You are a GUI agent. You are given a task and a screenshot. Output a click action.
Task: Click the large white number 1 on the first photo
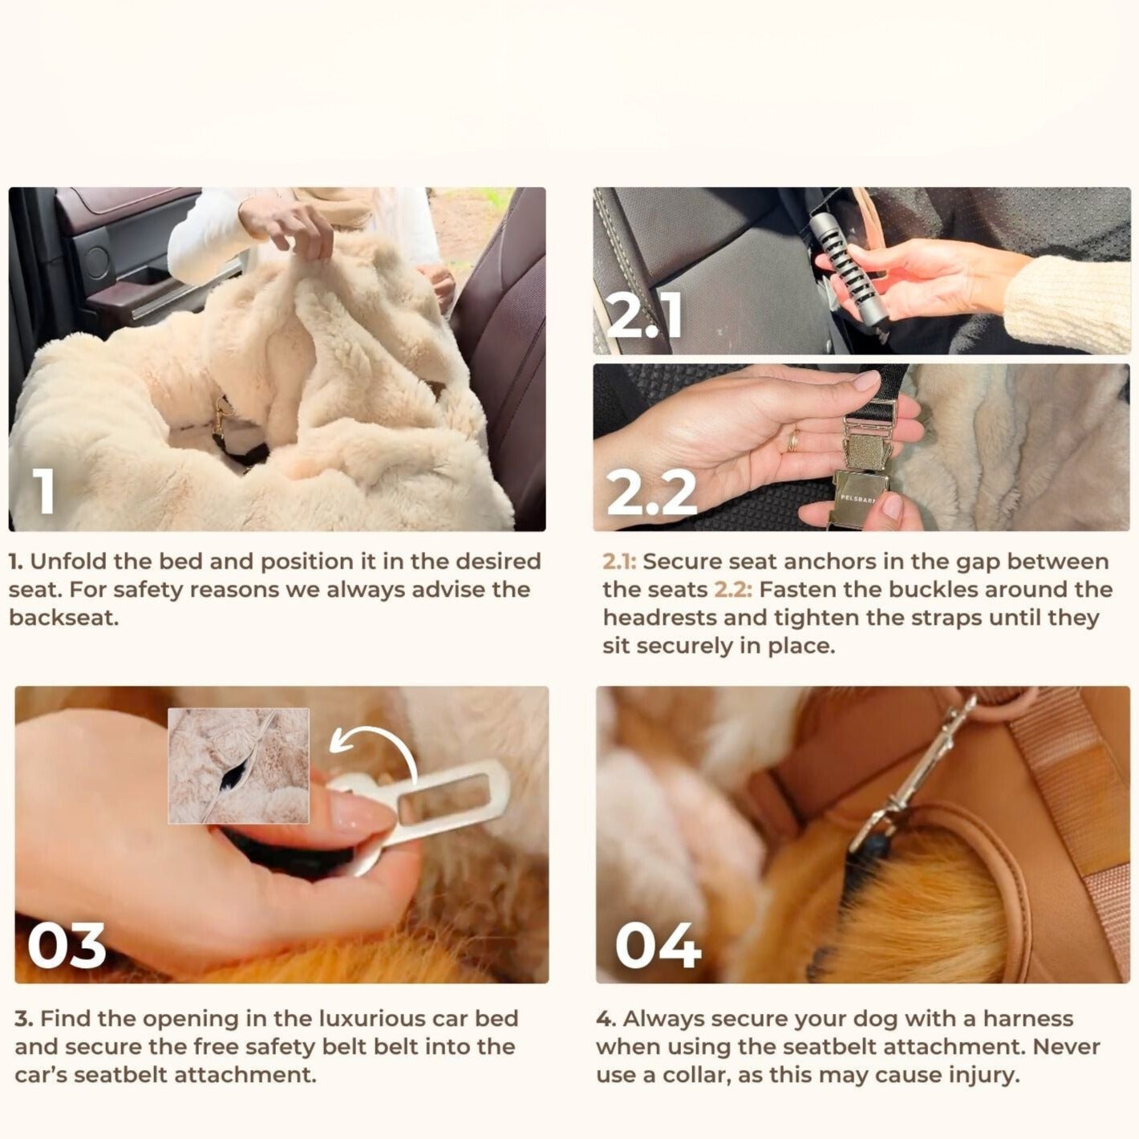tap(45, 491)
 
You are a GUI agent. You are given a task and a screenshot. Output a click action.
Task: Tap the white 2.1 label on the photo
tap(644, 316)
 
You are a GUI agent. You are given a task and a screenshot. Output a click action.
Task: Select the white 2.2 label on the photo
tap(651, 492)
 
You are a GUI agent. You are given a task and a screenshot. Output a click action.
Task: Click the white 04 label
tap(658, 946)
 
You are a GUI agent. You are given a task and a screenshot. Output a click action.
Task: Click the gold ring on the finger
tap(792, 440)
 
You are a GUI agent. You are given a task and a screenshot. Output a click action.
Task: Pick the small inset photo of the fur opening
tap(238, 765)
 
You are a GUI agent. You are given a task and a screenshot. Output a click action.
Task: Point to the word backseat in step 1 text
tap(63, 618)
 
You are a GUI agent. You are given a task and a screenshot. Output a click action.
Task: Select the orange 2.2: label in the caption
tap(733, 590)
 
